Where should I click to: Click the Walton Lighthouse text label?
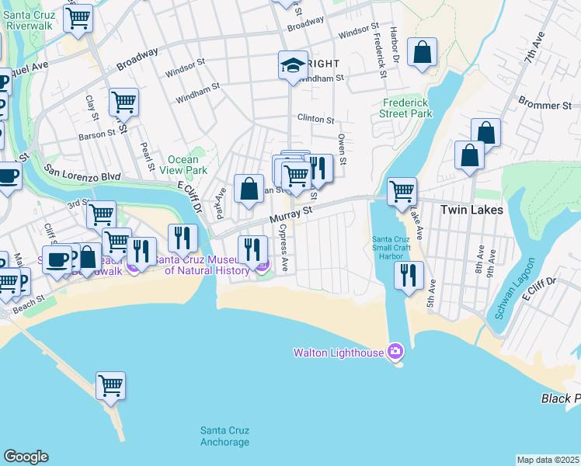coord(338,353)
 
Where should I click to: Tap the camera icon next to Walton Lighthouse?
coord(395,353)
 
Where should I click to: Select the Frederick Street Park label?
coord(407,108)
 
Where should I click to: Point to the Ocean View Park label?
coord(187,165)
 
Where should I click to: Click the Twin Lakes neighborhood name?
coord(471,210)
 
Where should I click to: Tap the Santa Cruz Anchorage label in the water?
coord(224,436)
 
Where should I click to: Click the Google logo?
coord(26,457)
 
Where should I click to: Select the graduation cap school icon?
coord(293,65)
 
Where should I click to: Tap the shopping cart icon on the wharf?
coord(111,384)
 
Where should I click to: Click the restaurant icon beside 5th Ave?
coord(408,275)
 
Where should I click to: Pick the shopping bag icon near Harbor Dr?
coord(422,53)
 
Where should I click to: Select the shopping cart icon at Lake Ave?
coord(402,190)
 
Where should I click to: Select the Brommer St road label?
coord(544,105)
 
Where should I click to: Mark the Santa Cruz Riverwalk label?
coord(29,20)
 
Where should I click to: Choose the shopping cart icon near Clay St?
coord(124,101)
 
